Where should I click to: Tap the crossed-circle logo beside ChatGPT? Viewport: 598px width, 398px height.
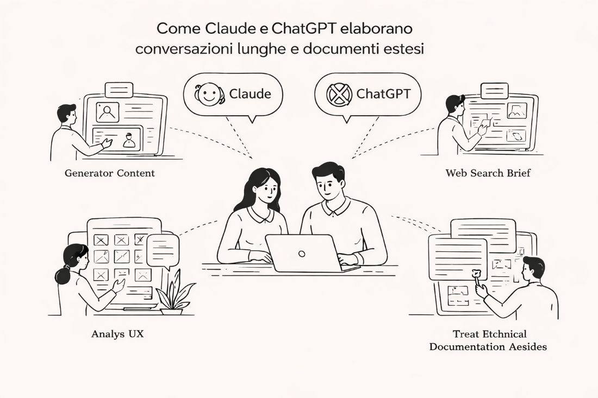pos(339,94)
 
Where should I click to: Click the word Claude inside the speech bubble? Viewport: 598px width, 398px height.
pos(250,93)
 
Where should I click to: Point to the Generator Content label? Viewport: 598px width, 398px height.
pos(110,174)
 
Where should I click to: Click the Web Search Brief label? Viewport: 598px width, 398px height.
pos(488,173)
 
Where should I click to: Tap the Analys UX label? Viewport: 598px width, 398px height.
pos(117,333)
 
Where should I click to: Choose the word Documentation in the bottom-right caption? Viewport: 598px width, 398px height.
pos(469,346)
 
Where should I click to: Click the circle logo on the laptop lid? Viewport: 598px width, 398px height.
pos(302,253)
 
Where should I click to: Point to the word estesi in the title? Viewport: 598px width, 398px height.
pos(403,48)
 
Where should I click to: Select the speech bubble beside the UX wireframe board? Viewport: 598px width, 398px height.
pos(163,250)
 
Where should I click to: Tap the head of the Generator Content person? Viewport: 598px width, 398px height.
pos(66,113)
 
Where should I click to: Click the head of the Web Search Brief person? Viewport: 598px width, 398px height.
pos(453,104)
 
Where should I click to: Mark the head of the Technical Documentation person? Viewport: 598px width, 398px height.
pos(534,267)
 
